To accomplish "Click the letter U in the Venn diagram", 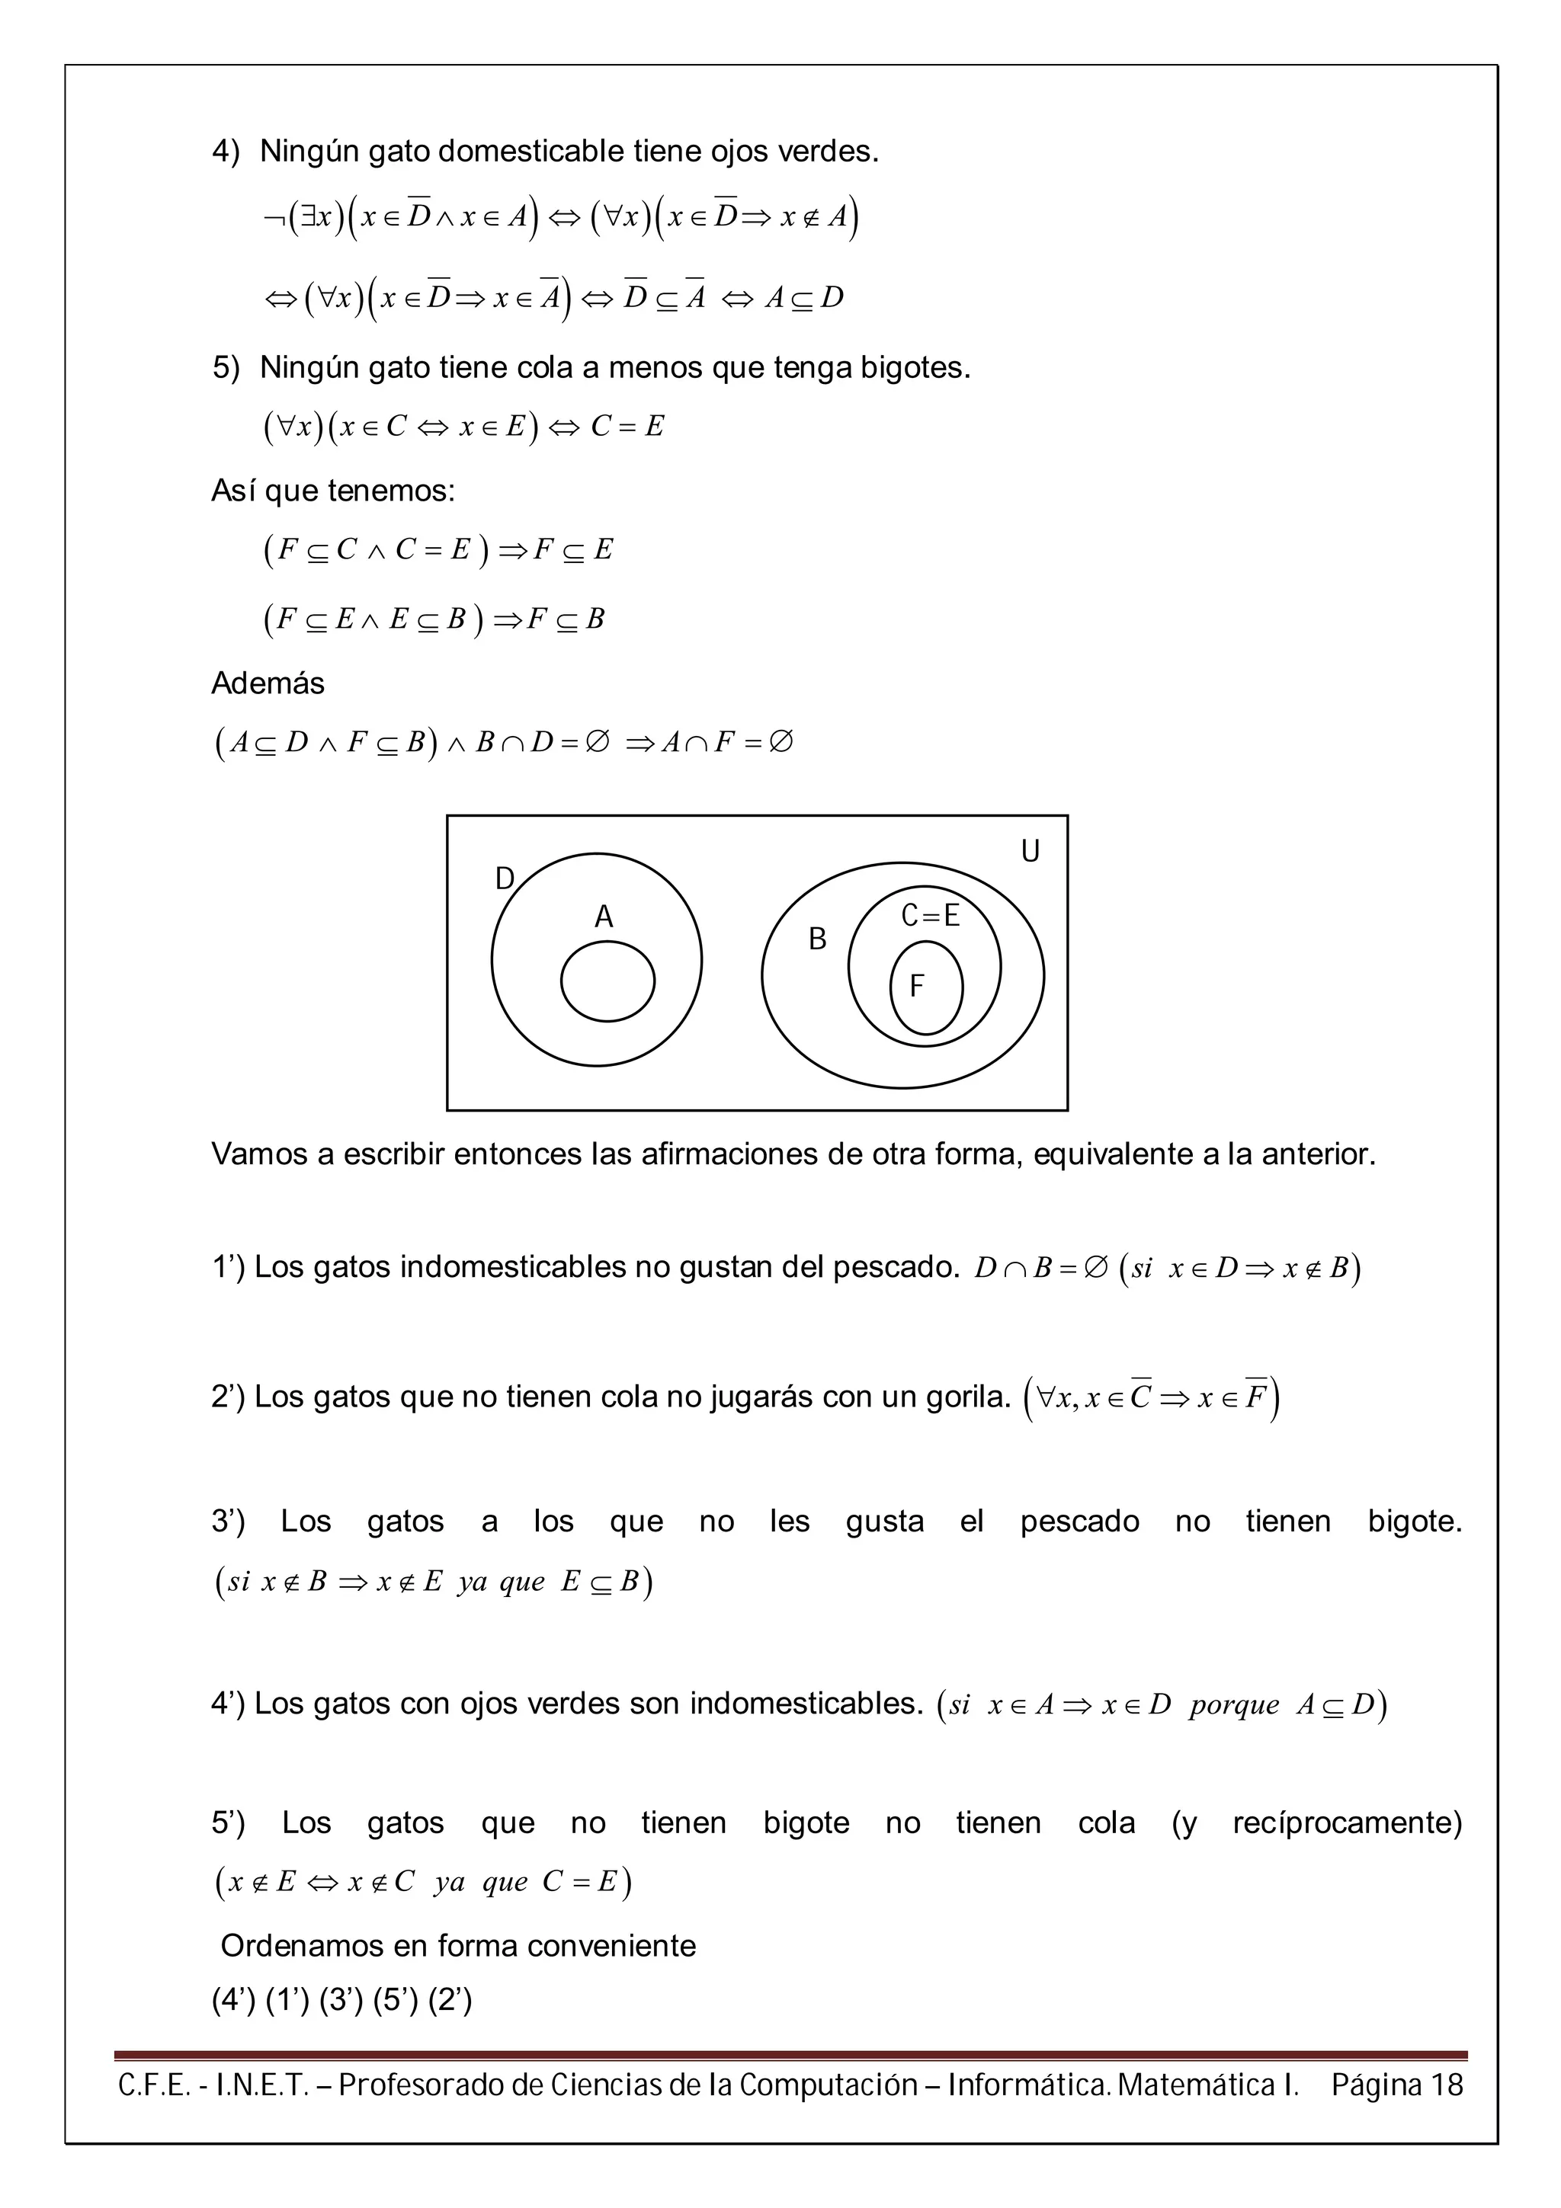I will (1029, 851).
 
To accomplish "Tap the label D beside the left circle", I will (504, 878).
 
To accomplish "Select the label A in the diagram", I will (603, 917).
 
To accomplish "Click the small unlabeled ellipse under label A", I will (607, 981).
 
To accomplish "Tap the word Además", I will (268, 683).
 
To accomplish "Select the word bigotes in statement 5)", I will (914, 367).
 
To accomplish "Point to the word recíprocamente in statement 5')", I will (1345, 1822).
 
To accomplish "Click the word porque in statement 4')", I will (1233, 1705).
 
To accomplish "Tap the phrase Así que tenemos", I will (333, 491).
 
